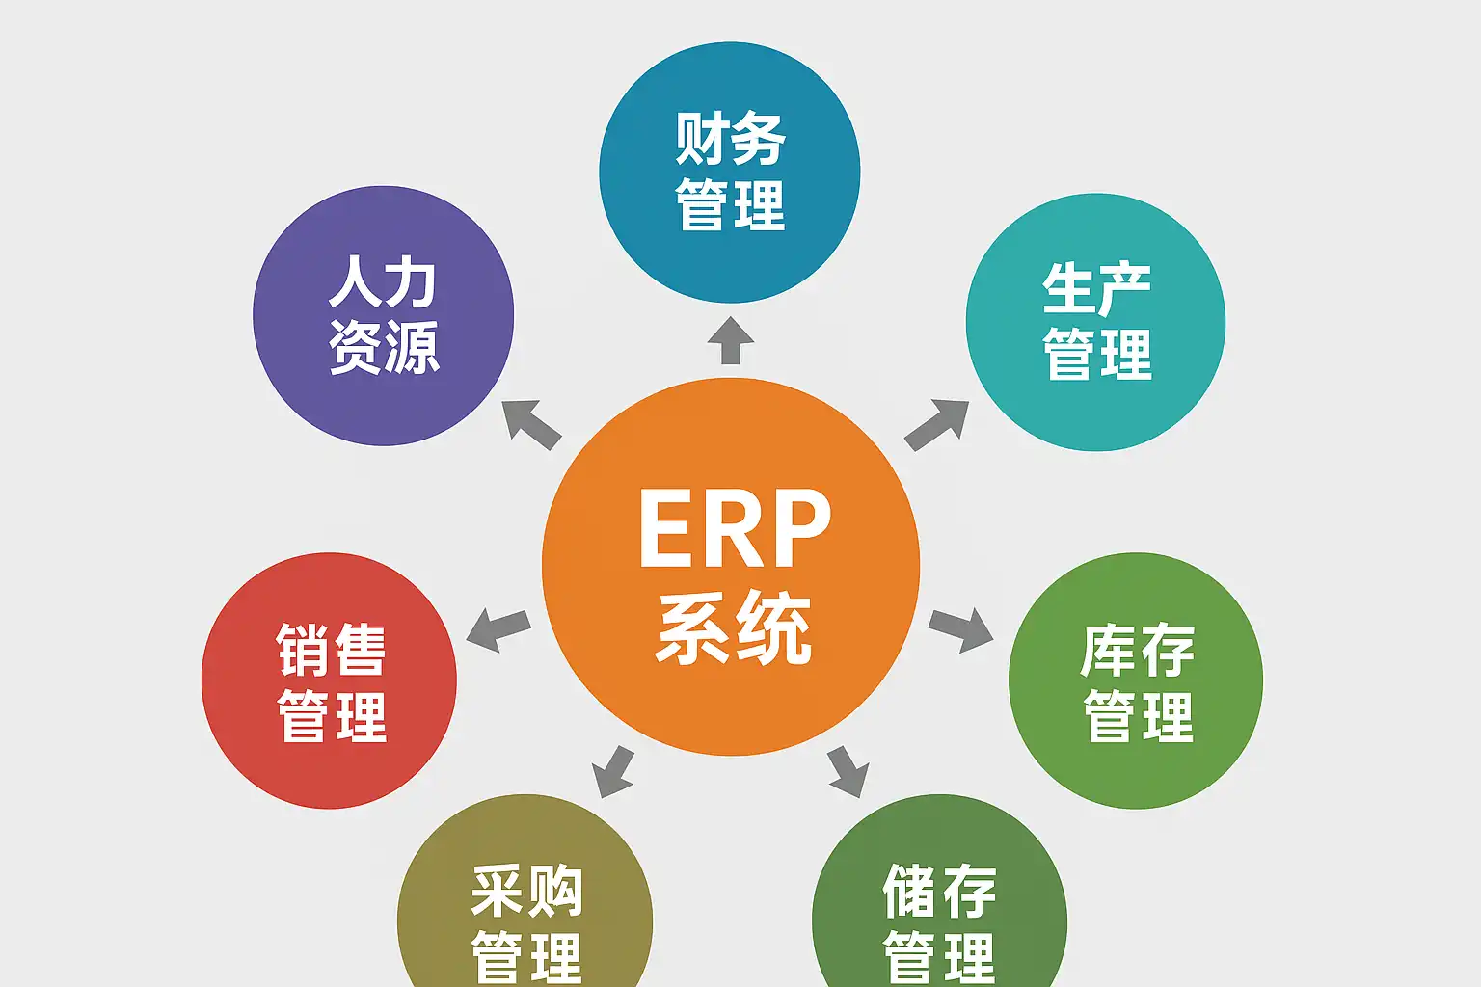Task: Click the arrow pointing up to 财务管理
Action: (731, 340)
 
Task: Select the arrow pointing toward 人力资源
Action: (530, 424)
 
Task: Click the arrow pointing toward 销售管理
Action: (498, 629)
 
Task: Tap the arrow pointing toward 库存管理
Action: (961, 629)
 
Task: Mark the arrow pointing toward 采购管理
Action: (613, 772)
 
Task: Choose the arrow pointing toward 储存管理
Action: (848, 771)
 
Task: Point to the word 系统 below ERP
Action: (734, 628)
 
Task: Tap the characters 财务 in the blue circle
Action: (730, 139)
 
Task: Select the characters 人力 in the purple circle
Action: (383, 281)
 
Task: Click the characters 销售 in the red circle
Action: (331, 650)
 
